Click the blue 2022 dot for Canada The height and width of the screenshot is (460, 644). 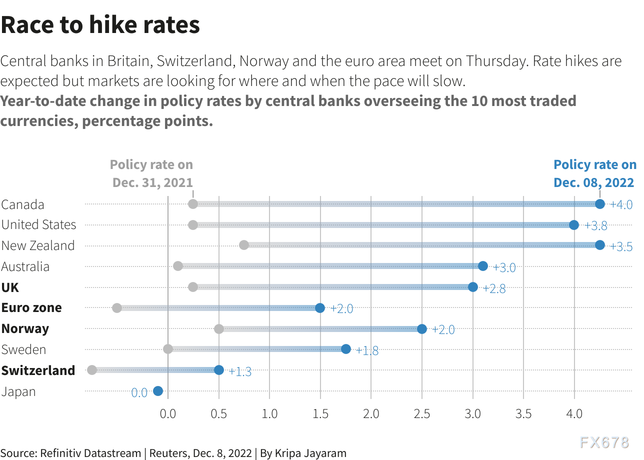pyautogui.click(x=600, y=204)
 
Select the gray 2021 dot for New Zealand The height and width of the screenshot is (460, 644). pyautogui.click(x=244, y=245)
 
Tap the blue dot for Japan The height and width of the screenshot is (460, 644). pyautogui.click(x=158, y=391)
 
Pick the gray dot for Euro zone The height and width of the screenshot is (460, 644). pyautogui.click(x=117, y=308)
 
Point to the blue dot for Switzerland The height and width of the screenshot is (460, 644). pyautogui.click(x=219, y=370)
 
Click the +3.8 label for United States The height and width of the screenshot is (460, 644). pyautogui.click(x=596, y=225)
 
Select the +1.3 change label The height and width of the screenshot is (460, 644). pyautogui.click(x=240, y=371)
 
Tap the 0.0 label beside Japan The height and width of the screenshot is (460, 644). pyautogui.click(x=139, y=392)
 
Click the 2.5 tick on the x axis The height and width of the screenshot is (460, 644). pyautogui.click(x=422, y=413)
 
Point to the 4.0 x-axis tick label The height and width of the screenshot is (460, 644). pyautogui.click(x=574, y=413)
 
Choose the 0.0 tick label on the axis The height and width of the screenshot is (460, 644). pyautogui.click(x=168, y=413)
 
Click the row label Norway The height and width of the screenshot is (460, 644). pyautogui.click(x=25, y=328)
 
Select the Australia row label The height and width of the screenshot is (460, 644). pyautogui.click(x=25, y=266)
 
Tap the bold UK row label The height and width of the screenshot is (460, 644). pyautogui.click(x=10, y=287)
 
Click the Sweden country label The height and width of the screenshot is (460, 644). pyautogui.click(x=23, y=349)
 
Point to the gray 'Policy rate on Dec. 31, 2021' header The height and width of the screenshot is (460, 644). pyautogui.click(x=151, y=173)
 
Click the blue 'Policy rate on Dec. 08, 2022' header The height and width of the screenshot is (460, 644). pyautogui.click(x=595, y=173)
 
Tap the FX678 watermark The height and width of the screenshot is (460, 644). pyautogui.click(x=604, y=442)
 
